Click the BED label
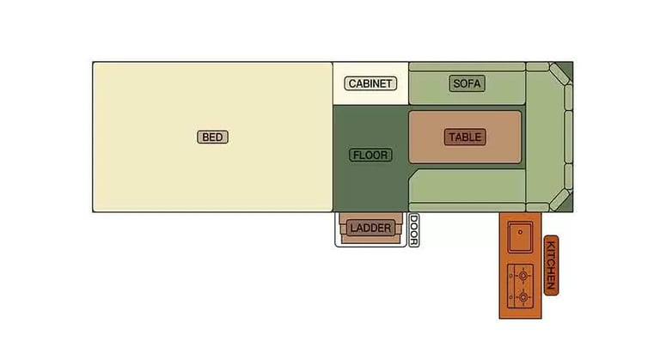coord(213,137)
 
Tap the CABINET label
coord(370,83)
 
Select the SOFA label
coord(467,83)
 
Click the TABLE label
coord(465,137)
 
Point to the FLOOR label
coord(370,156)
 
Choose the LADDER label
coord(370,228)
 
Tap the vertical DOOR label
coord(413,230)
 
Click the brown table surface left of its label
coord(426,137)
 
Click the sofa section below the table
coord(468,189)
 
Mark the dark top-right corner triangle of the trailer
coord(564,68)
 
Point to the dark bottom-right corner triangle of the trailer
coord(564,204)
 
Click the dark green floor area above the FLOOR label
coord(370,125)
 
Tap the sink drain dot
coord(520,232)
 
